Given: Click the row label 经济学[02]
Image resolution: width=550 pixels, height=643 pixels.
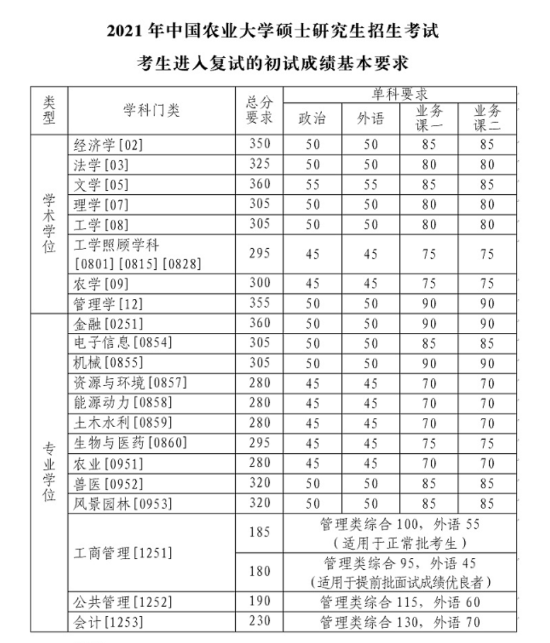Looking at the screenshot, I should [x=108, y=145].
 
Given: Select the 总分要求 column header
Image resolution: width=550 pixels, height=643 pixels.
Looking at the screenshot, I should [x=259, y=110].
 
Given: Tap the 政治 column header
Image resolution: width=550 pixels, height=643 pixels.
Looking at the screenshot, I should [x=312, y=118].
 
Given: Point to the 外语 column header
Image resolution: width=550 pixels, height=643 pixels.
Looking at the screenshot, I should [x=370, y=118].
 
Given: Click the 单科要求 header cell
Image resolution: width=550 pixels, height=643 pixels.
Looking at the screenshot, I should [x=399, y=94].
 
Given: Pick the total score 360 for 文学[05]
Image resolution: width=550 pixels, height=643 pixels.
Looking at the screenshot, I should [x=260, y=184].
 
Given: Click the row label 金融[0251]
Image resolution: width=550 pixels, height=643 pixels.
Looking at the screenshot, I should [x=109, y=323].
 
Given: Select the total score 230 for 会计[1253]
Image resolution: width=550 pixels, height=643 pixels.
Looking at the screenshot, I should [x=260, y=621].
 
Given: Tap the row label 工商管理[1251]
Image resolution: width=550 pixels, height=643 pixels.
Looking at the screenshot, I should [x=123, y=553].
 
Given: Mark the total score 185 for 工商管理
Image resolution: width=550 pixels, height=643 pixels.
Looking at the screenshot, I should [x=260, y=533].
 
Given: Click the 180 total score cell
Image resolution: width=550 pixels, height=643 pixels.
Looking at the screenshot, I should [x=260, y=571].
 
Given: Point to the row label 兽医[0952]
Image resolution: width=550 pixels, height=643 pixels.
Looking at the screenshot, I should [x=109, y=484].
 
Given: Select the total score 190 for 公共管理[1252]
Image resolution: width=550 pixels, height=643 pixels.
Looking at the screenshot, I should [x=260, y=602].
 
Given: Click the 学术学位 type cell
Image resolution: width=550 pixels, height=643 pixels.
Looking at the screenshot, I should [x=49, y=224].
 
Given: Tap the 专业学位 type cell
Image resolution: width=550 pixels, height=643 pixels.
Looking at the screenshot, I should [x=49, y=471].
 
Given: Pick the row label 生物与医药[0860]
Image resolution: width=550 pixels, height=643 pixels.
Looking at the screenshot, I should [x=130, y=443].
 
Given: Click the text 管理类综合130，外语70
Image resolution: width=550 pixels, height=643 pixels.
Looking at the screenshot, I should [x=399, y=622].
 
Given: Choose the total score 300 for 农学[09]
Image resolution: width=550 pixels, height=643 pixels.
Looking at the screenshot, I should [x=260, y=283].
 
